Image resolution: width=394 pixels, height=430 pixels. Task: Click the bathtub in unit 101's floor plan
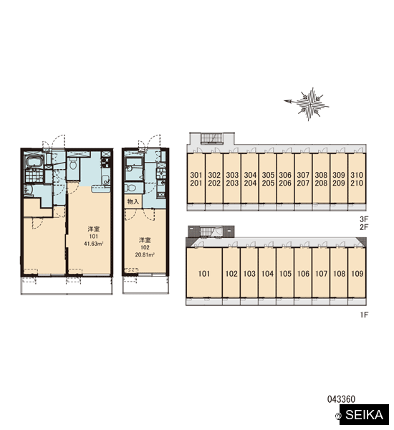pyautogui.click(x=34, y=161)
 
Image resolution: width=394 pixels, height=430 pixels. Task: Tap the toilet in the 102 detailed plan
pyautogui.click(x=131, y=188)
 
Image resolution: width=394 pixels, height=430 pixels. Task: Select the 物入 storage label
pyautogui.click(x=133, y=202)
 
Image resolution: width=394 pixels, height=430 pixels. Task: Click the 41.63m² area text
pyautogui.click(x=94, y=244)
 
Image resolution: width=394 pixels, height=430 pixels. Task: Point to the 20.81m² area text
pyautogui.click(x=145, y=254)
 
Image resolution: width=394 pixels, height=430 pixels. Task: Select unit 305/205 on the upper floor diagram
pyautogui.click(x=268, y=178)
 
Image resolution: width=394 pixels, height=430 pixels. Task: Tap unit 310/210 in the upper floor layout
pyautogui.click(x=357, y=178)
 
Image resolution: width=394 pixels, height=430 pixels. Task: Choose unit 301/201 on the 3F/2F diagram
pyautogui.click(x=196, y=178)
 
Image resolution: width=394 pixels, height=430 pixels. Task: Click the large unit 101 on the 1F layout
pyautogui.click(x=204, y=273)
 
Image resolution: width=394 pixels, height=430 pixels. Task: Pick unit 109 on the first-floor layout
pyautogui.click(x=357, y=273)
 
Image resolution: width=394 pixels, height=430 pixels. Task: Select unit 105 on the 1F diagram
pyautogui.click(x=285, y=273)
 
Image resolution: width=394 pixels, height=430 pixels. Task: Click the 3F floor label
pyautogui.click(x=364, y=219)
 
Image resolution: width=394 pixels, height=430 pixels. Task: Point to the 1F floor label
pyautogui.click(x=364, y=315)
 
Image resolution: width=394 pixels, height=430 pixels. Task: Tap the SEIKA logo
pyautogui.click(x=364, y=415)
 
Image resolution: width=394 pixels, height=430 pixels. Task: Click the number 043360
pyautogui.click(x=341, y=399)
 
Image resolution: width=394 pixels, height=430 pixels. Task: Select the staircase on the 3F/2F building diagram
pyautogui.click(x=213, y=138)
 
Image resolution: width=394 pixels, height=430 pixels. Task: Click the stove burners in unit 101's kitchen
pyautogui.click(x=105, y=163)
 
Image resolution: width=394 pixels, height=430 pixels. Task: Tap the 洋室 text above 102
pyautogui.click(x=145, y=240)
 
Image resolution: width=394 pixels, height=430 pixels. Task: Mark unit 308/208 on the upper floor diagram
pyautogui.click(x=321, y=178)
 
